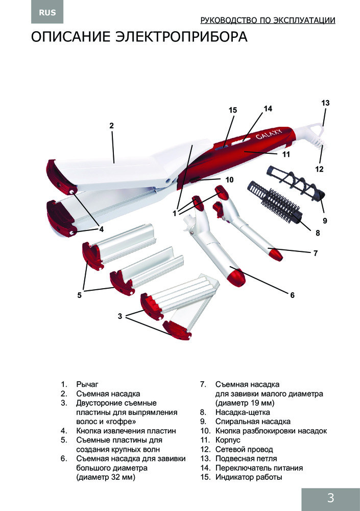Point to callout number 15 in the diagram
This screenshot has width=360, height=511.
pos(233,110)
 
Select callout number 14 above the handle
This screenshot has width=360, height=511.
pos(268,108)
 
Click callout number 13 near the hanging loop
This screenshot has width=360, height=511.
pos(325,103)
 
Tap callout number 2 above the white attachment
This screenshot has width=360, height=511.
pos(111,125)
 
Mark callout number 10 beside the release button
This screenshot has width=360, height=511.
pos(229,180)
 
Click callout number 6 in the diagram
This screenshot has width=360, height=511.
pos(293,295)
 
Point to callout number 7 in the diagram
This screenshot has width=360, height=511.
pos(316,253)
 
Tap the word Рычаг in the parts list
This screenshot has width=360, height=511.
pos(87,384)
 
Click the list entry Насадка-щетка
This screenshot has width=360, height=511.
pos(243,412)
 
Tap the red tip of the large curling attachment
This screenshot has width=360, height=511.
pos(234,276)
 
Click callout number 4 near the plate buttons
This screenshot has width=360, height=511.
pos(102,229)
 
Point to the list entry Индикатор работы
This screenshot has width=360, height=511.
pos(249,477)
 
